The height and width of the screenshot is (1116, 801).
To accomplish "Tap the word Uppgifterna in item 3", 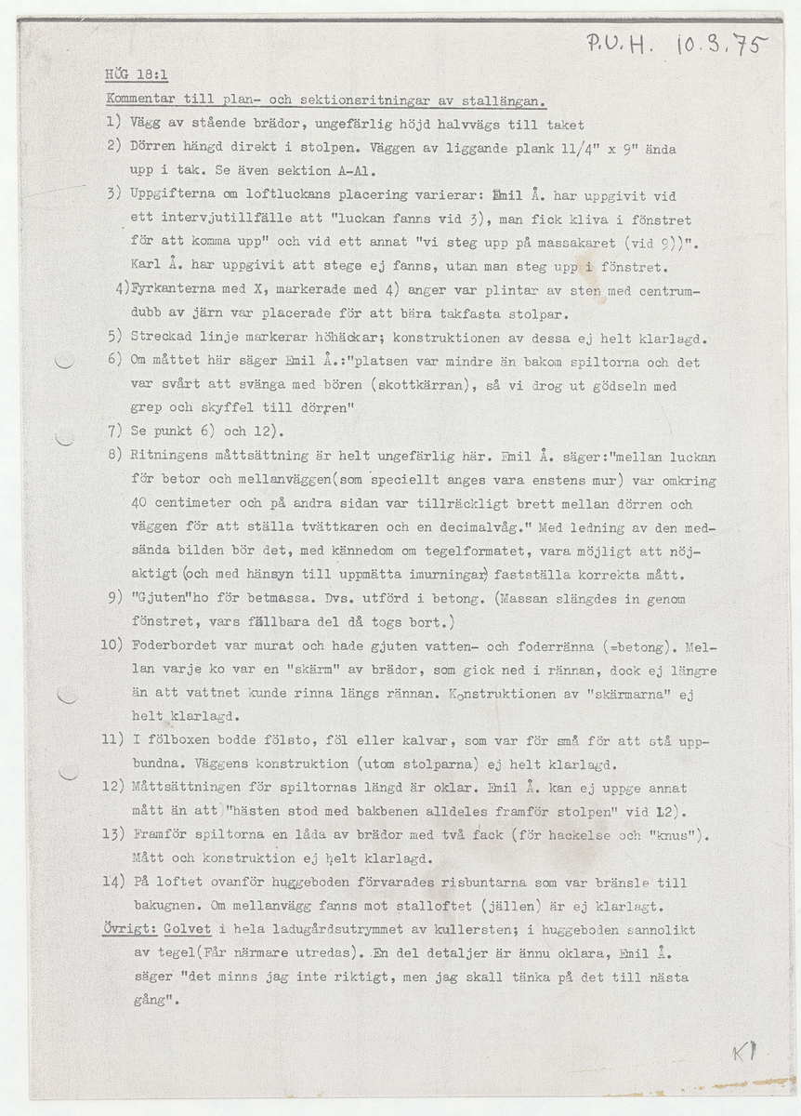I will (x=179, y=195).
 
